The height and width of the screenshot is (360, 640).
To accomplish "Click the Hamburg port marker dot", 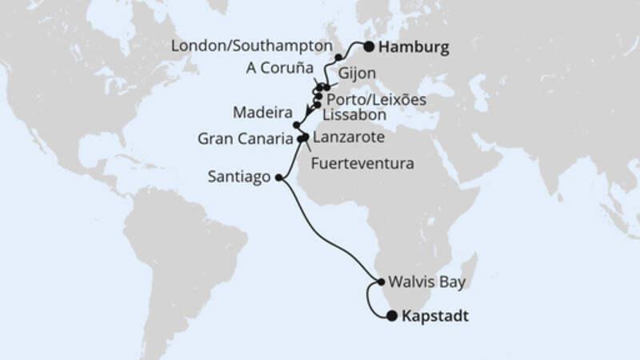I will click(369, 46).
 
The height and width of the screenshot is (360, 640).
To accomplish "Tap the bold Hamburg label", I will click(414, 47).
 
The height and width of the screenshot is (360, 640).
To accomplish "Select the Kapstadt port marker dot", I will click(391, 316).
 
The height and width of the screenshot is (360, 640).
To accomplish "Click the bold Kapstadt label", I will click(433, 317).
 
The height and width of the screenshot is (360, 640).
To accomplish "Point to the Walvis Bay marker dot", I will click(380, 282).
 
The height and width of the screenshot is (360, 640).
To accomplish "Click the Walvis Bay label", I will click(426, 282).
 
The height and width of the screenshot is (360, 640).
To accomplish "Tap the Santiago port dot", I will click(278, 178).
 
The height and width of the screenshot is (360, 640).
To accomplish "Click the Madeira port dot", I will click(297, 126).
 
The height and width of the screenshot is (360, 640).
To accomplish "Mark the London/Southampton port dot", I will click(339, 58).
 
